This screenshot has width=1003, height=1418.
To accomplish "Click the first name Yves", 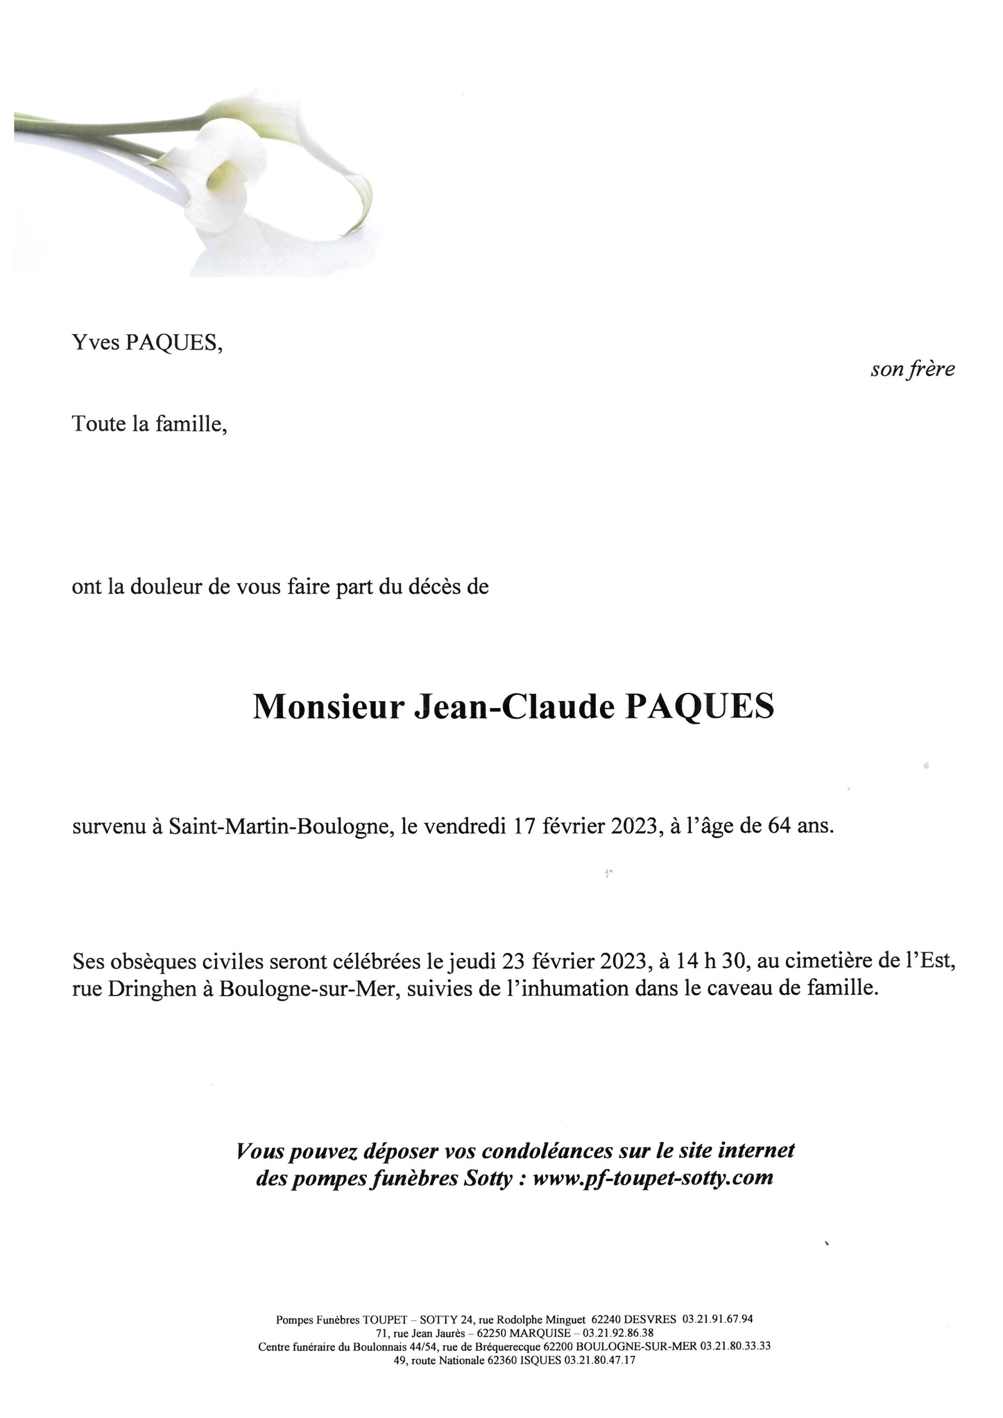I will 97,343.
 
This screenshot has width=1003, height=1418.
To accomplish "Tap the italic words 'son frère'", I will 912,369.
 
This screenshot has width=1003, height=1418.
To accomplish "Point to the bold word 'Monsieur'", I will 328,708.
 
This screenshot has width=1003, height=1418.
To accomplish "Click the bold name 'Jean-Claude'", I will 515,708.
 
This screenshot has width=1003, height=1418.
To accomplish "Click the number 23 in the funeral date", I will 515,962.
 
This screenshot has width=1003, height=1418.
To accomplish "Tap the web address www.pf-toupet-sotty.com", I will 653,1178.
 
